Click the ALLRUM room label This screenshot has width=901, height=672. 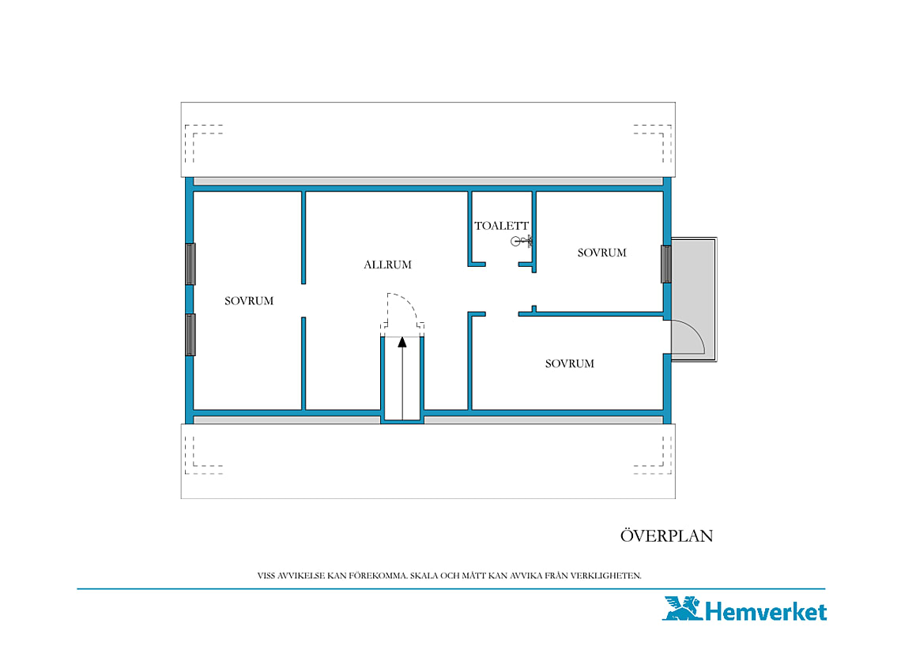coord(387,265)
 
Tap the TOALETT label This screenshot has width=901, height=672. coord(501,226)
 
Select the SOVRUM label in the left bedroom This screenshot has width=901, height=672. coord(249,301)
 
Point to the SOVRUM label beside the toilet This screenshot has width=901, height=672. coord(601,253)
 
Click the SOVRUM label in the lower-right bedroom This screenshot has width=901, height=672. coord(569,363)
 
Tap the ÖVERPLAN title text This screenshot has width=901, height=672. coord(666,535)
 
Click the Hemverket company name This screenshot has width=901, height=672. coord(766,611)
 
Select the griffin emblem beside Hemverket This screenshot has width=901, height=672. coord(683,608)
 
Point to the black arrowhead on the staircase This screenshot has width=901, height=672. coord(402,343)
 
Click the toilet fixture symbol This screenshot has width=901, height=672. coord(521,241)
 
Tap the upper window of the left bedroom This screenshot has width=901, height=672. coord(190,265)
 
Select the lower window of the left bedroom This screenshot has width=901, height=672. coord(190,335)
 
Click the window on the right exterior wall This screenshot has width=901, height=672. coord(666,265)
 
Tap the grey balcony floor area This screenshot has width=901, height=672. coord(694,281)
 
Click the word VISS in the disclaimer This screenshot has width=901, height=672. coord(266,576)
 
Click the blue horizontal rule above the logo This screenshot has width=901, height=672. coord(451,589)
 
